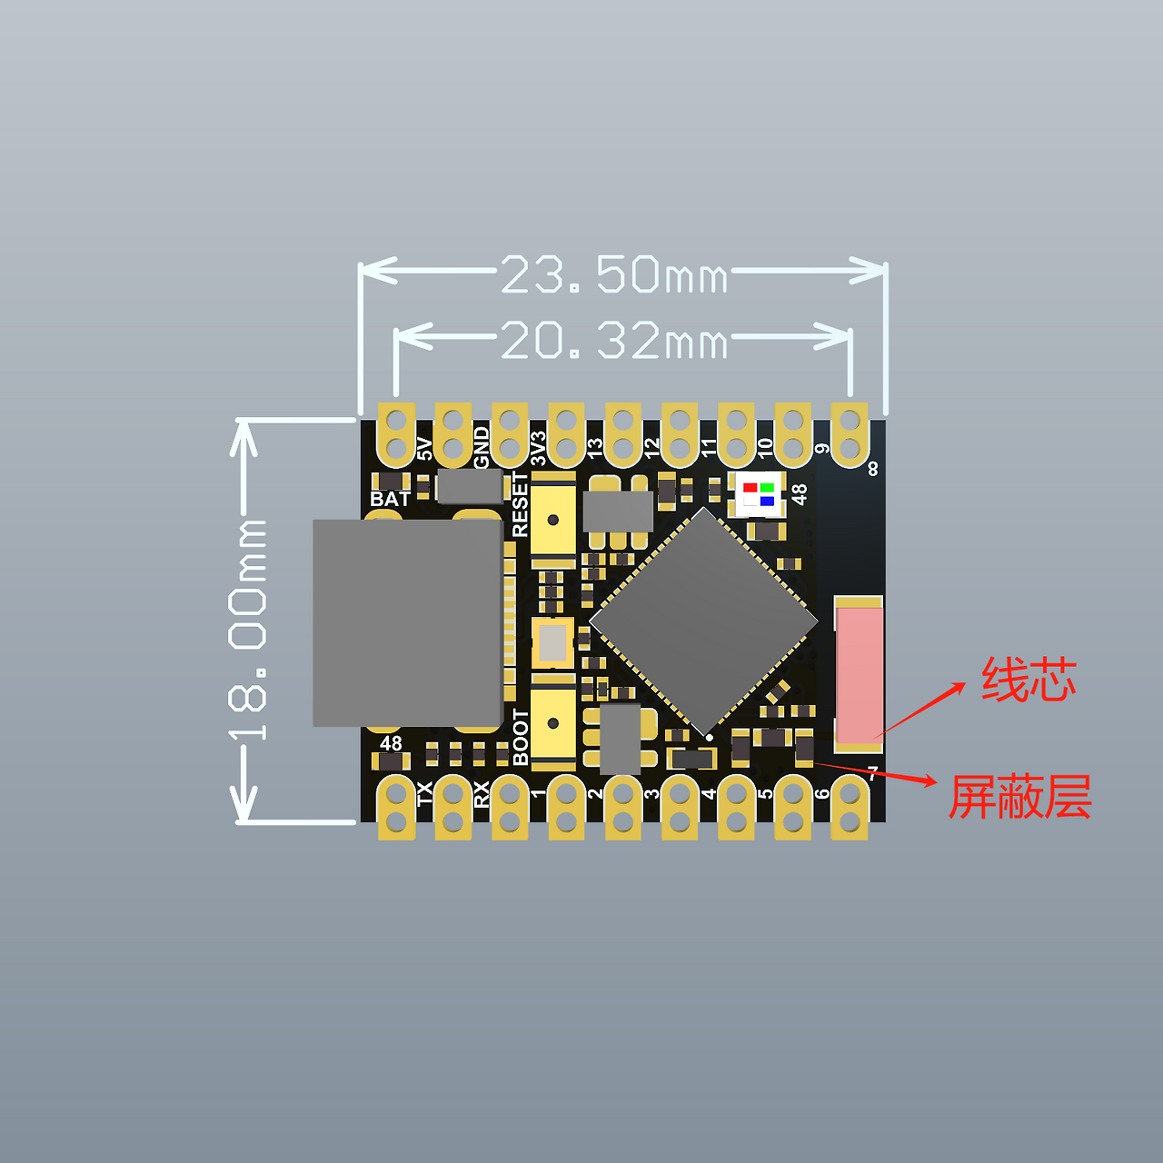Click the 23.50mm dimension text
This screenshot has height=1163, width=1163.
pyautogui.click(x=614, y=274)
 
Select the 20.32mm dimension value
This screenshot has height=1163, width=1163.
pyautogui.click(x=614, y=340)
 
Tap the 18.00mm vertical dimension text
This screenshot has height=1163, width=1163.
pyautogui.click(x=247, y=630)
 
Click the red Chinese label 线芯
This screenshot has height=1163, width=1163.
pyautogui.click(x=1029, y=681)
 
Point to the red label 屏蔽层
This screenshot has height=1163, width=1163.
pyautogui.click(x=1020, y=797)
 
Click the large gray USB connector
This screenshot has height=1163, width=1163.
pyautogui.click(x=408, y=623)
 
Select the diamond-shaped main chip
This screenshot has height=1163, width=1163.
pyautogui.click(x=703, y=622)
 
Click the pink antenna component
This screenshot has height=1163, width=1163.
pyautogui.click(x=860, y=674)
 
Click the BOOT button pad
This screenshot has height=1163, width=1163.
pyautogui.click(x=552, y=722)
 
